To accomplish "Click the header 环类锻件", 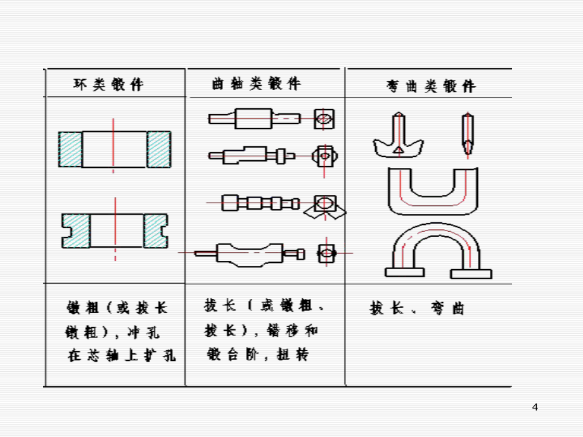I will (x=110, y=85).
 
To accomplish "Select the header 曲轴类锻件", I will (x=256, y=84).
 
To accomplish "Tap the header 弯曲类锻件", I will (x=431, y=86).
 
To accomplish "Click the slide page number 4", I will (x=535, y=407).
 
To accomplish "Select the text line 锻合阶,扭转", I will (x=257, y=355).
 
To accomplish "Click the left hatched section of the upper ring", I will (x=70, y=149).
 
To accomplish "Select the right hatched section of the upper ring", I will (x=158, y=149).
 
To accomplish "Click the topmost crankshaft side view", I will (x=254, y=117).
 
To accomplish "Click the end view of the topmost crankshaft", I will (x=324, y=118).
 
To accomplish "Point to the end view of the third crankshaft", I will (x=324, y=204).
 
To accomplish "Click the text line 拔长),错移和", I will (x=261, y=331).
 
